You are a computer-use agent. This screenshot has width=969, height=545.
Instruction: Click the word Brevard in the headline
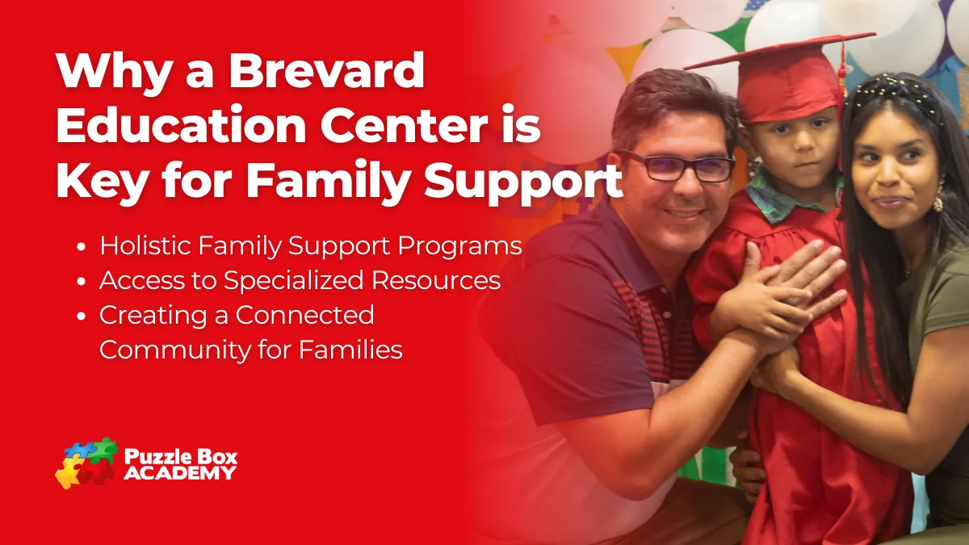coord(326,70)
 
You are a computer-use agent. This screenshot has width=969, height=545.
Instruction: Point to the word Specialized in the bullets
coord(294,281)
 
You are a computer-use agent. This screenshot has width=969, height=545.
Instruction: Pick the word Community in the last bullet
coord(175,350)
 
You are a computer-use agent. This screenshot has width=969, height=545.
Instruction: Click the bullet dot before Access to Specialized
coord(82,282)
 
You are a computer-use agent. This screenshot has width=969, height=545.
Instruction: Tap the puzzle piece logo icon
coord(86,463)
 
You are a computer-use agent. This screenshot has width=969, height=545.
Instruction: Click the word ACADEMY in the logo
coord(180,473)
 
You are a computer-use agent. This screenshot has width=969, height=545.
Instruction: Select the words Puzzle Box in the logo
coord(181,456)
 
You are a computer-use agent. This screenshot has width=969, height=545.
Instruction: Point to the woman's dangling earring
coord(938,197)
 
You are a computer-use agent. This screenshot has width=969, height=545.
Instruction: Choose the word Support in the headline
coord(523,182)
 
